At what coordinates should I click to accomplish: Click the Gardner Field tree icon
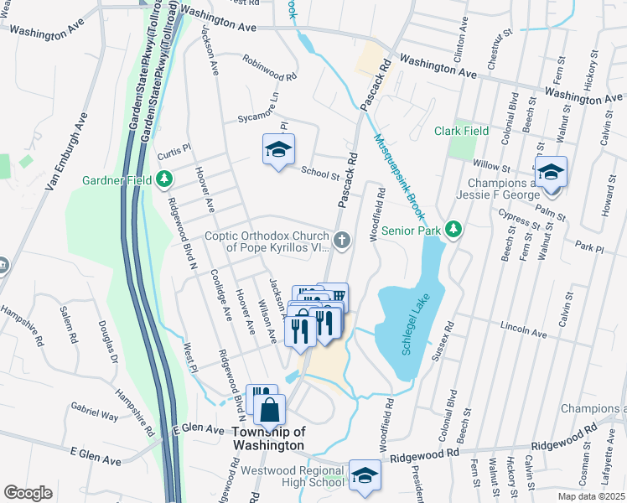165,179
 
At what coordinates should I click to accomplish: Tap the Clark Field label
461,131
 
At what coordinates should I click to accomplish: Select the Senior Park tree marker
453,229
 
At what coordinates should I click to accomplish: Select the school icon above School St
278,151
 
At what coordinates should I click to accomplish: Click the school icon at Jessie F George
550,173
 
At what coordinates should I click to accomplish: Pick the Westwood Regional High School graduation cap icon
364,475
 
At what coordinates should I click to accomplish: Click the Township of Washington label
267,438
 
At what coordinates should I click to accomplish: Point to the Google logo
28,493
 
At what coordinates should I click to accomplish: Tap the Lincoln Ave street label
522,329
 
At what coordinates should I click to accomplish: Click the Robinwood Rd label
269,69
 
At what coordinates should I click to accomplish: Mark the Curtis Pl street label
175,146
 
